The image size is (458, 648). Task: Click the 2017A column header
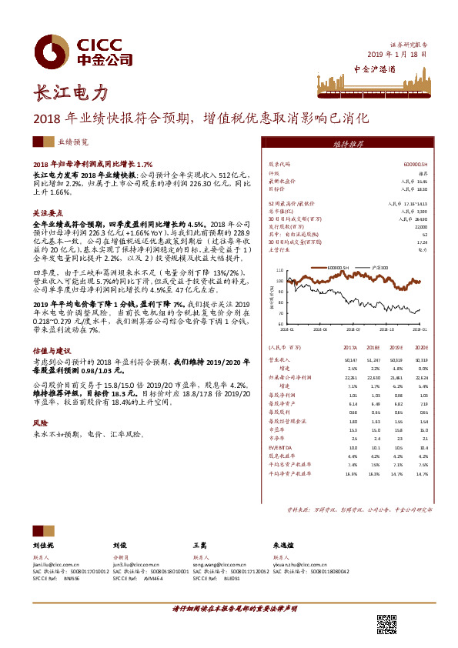(352, 348)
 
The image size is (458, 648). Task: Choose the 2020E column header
(422, 348)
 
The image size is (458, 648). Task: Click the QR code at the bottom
(386, 623)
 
